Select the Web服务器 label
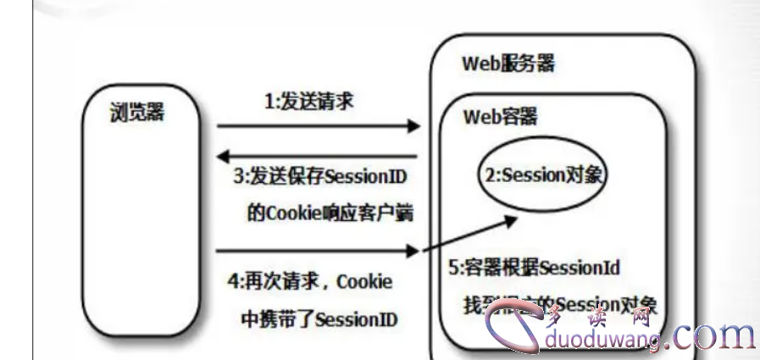pos(508,64)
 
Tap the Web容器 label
pos(500,117)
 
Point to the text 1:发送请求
pos(309,102)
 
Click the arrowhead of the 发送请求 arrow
pos(415,127)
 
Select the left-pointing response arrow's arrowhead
pos(223,156)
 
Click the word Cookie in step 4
pos(364,281)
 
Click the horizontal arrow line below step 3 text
pos(318,251)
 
